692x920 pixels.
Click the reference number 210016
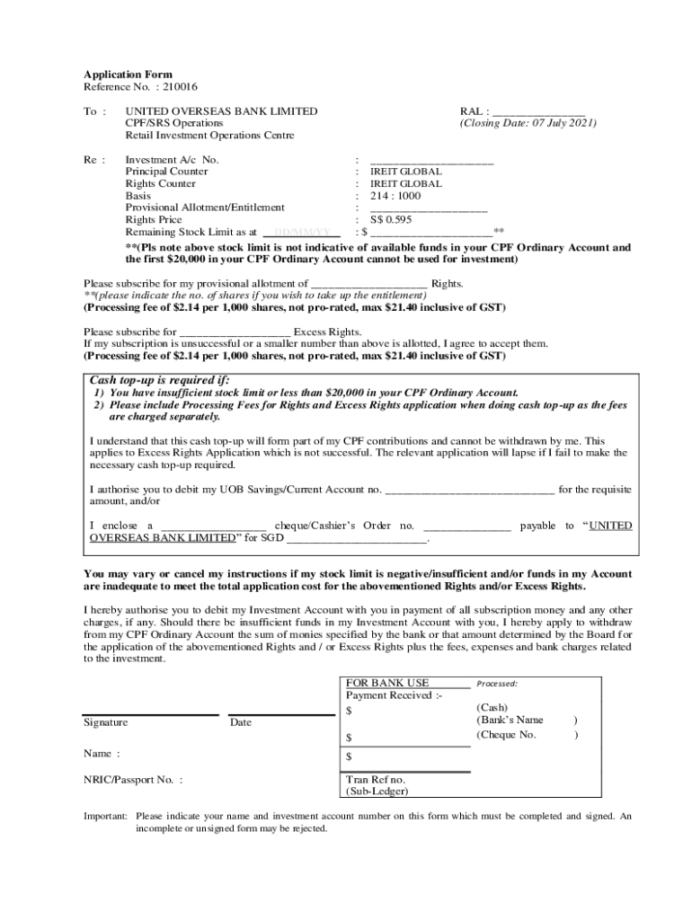click(x=180, y=87)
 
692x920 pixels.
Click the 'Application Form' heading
click(x=128, y=75)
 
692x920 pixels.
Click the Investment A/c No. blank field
click(x=431, y=160)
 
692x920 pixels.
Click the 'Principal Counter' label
click(x=166, y=172)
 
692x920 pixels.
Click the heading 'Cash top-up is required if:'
click(x=154, y=380)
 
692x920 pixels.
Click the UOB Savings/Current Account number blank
click(x=469, y=490)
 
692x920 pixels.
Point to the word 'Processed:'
click(x=497, y=684)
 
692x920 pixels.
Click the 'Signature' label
click(x=106, y=723)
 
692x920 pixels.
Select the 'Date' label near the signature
click(x=241, y=723)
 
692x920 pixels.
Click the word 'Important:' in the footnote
click(x=106, y=817)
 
